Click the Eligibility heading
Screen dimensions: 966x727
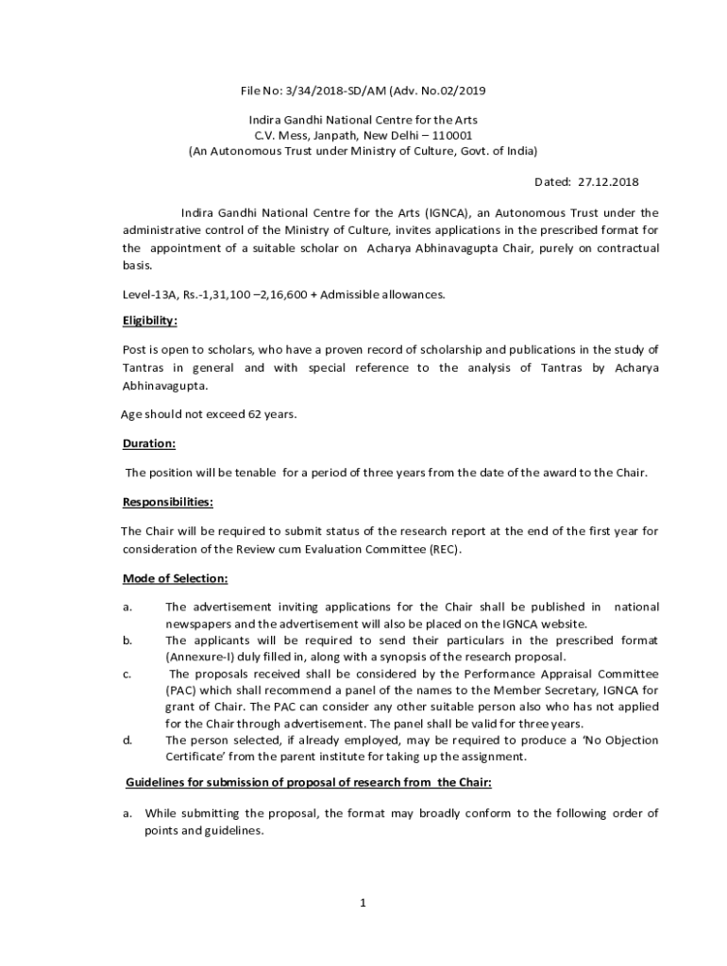pos(150,321)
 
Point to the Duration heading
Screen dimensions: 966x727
pos(149,443)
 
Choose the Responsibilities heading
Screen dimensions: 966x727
pos(167,502)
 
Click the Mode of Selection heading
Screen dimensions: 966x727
pos(176,578)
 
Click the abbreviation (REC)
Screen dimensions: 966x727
pos(442,549)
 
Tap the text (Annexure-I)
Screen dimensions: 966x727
pos(201,657)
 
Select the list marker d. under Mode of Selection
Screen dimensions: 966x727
pos(127,741)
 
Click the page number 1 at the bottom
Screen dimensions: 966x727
pos(363,903)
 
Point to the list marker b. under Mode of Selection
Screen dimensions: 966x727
pos(127,641)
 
